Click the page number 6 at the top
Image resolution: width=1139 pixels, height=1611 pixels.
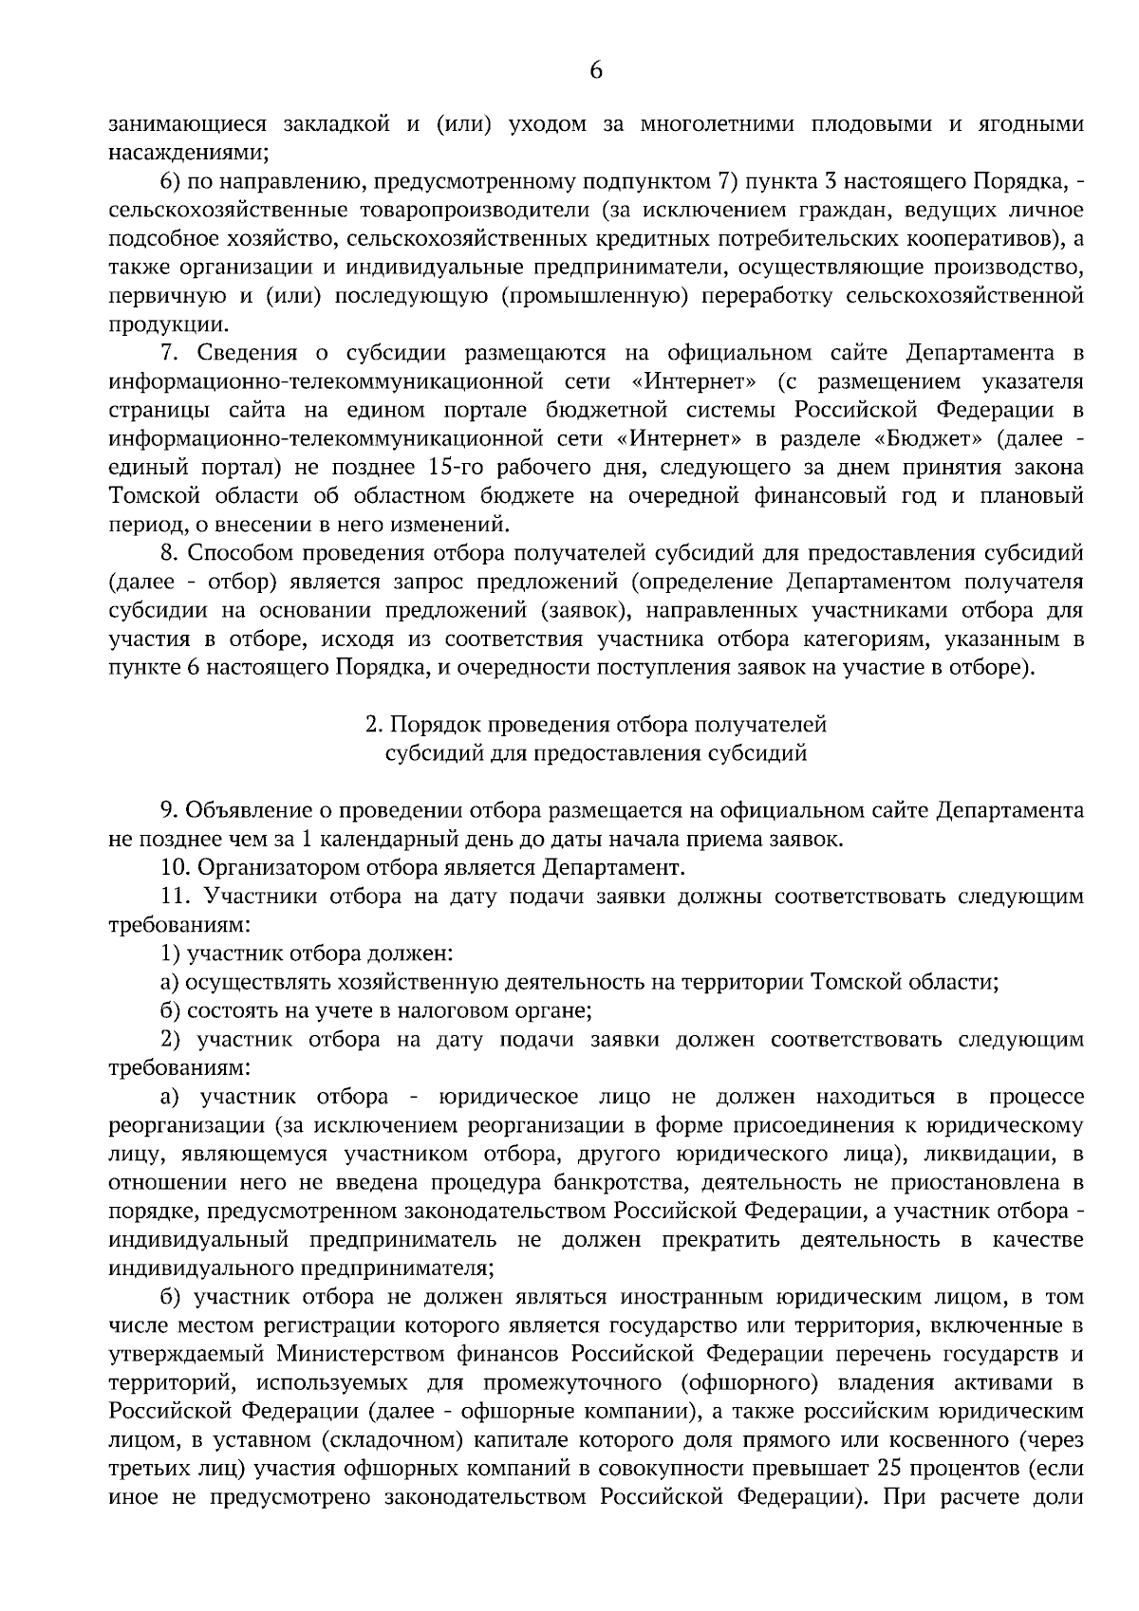[596, 70]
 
